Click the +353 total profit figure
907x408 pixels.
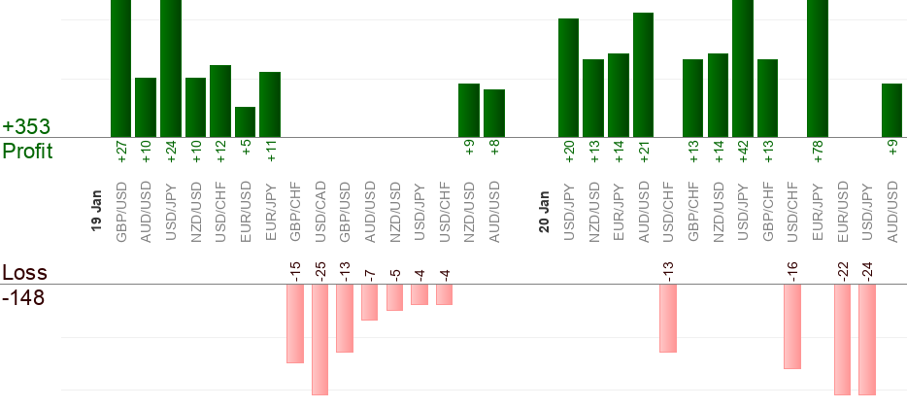click(x=26, y=127)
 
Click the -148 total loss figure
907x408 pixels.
click(x=24, y=297)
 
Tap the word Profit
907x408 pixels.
click(x=27, y=152)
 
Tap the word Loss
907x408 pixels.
click(x=24, y=273)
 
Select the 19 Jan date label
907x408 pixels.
click(x=96, y=210)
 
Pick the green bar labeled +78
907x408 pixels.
click(x=818, y=68)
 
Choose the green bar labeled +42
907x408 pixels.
click(x=743, y=68)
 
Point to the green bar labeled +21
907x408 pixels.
click(x=643, y=75)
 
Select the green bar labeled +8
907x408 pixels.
click(x=494, y=113)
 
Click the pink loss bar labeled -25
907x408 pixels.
click(x=319, y=340)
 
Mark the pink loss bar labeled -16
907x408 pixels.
click(x=792, y=326)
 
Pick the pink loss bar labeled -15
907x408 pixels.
click(x=295, y=323)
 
